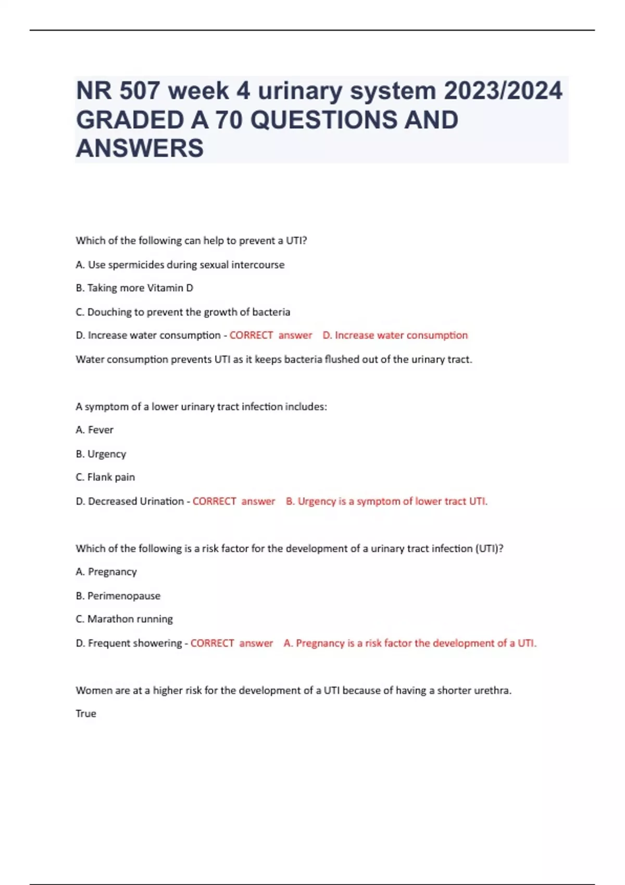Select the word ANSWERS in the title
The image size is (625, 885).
click(x=140, y=148)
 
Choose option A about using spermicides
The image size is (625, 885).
click(x=180, y=264)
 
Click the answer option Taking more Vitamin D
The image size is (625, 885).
click(x=134, y=288)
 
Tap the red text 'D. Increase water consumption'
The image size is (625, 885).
click(x=395, y=335)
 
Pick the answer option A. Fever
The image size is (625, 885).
click(x=94, y=430)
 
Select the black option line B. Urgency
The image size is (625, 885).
click(x=101, y=454)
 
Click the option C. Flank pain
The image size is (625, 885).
click(x=105, y=477)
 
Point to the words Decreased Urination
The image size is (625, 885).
click(x=135, y=501)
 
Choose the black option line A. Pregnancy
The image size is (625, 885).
click(x=106, y=572)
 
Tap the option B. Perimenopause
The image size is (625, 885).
click(x=118, y=596)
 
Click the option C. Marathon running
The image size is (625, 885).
click(x=124, y=619)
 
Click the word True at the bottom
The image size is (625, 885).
click(x=86, y=714)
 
